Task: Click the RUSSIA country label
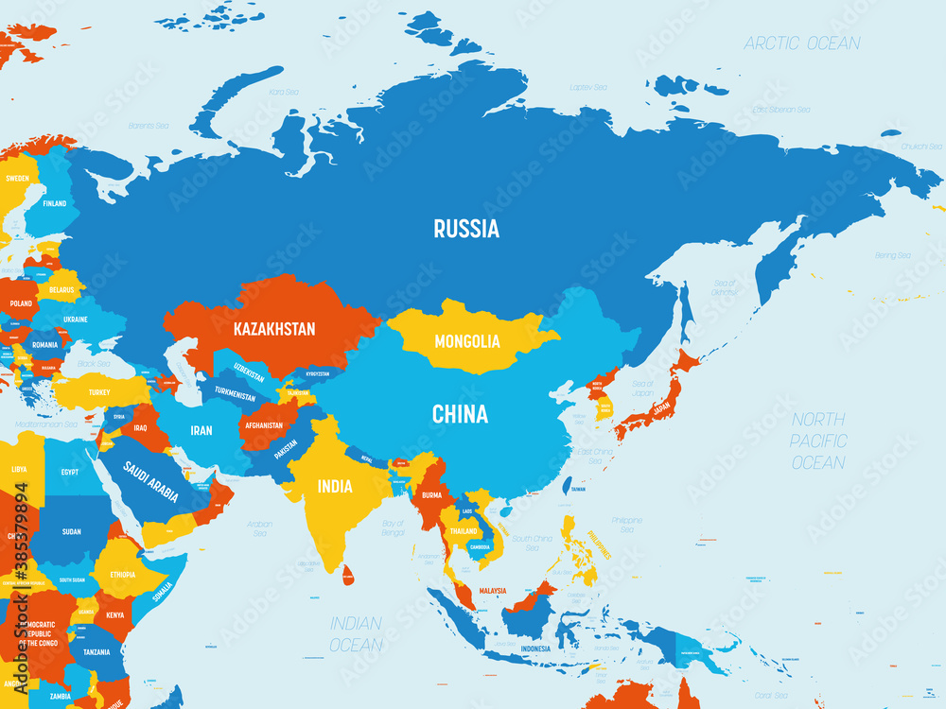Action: pyautogui.click(x=466, y=228)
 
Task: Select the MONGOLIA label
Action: pyautogui.click(x=466, y=340)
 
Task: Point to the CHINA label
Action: pyautogui.click(x=460, y=414)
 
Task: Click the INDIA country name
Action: pyautogui.click(x=335, y=487)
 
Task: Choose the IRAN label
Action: pyautogui.click(x=201, y=430)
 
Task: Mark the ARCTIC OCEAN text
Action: pyautogui.click(x=801, y=43)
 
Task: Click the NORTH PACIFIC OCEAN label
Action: pyautogui.click(x=818, y=441)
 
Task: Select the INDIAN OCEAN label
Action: pyautogui.click(x=356, y=633)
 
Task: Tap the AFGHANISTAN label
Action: pyautogui.click(x=263, y=425)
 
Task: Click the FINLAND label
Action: pyautogui.click(x=54, y=203)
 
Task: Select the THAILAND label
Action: pyautogui.click(x=464, y=531)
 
